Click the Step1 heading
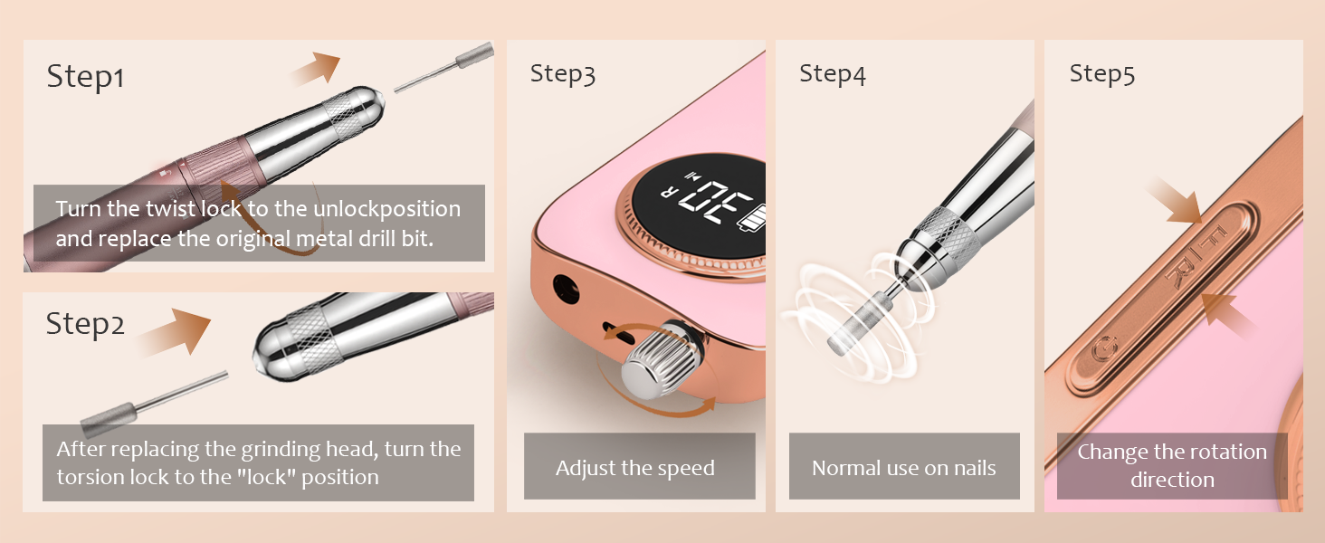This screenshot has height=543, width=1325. (85, 78)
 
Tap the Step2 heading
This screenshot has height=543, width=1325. (85, 325)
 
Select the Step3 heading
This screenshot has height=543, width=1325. (563, 74)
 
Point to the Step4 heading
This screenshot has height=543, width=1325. (833, 74)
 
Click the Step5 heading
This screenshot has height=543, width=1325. (1102, 74)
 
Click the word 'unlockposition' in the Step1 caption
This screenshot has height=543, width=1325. (386, 209)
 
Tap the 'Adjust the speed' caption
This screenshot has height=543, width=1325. (635, 468)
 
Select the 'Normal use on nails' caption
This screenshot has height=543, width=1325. (904, 468)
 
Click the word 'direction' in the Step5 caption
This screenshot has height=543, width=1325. (1172, 480)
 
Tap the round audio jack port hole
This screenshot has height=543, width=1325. (566, 290)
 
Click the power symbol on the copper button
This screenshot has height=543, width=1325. (1104, 349)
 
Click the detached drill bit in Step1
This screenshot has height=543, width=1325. (444, 67)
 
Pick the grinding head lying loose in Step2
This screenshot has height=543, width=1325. (154, 405)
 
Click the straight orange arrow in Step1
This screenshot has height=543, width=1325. (317, 69)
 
